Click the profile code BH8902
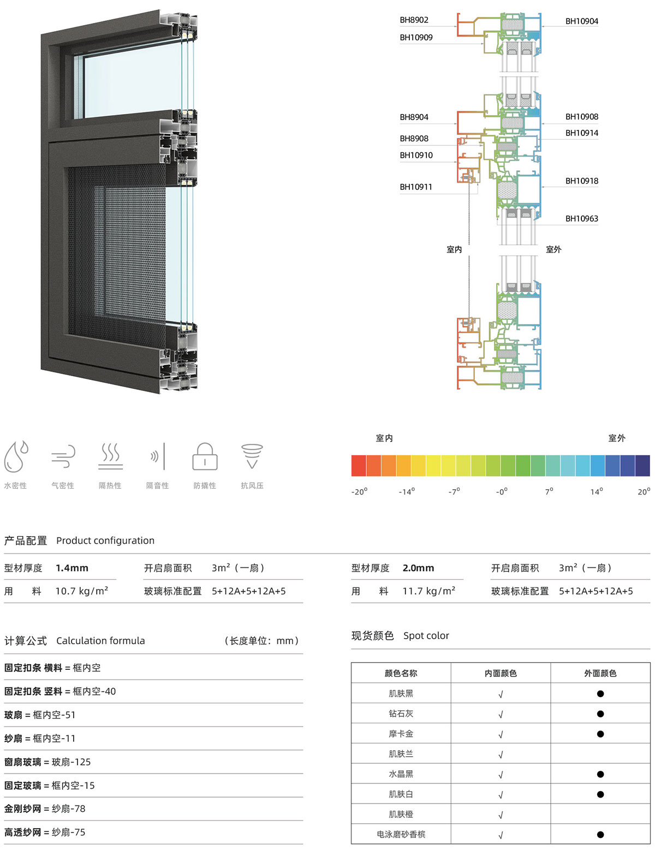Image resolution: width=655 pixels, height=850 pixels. (x=414, y=20)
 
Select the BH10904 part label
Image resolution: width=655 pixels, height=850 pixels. (x=581, y=21)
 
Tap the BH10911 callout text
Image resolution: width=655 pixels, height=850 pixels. (x=416, y=187)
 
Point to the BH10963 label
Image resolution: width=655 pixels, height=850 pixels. (x=581, y=219)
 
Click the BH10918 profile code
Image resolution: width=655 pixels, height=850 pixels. (x=581, y=181)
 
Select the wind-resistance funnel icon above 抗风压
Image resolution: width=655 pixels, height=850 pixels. (x=252, y=456)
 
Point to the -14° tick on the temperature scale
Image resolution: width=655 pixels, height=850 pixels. (x=407, y=491)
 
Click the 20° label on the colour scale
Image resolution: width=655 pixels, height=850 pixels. (x=644, y=491)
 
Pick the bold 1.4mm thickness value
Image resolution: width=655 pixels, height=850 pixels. (x=72, y=568)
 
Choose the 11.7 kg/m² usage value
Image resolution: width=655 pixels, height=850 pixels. (x=428, y=591)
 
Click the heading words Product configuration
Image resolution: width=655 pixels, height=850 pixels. (x=105, y=540)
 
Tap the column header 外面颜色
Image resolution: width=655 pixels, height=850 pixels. (x=600, y=673)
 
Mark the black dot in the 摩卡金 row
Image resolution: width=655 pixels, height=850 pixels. (x=600, y=734)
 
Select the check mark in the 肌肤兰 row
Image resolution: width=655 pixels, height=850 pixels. (x=501, y=754)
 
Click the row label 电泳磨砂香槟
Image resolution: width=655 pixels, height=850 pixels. (x=401, y=834)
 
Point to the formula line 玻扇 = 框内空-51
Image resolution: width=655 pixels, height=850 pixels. (x=39, y=715)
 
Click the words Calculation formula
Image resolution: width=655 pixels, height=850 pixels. (x=100, y=641)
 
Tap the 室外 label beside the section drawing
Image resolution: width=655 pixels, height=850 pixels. (x=553, y=249)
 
